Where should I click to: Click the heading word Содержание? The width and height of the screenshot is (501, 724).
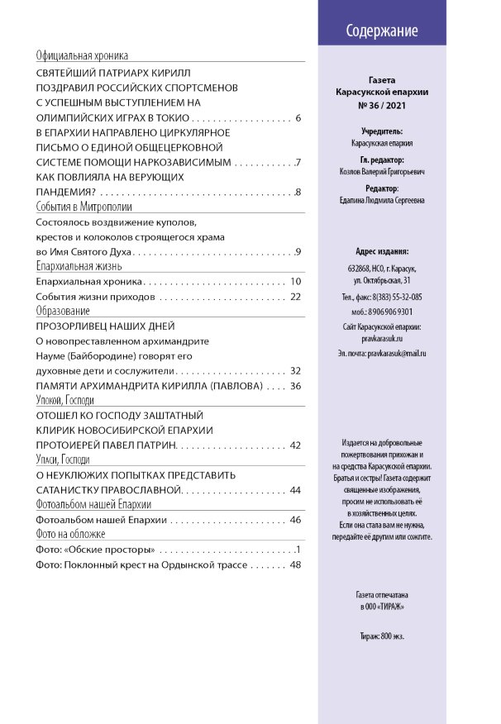coord(381,31)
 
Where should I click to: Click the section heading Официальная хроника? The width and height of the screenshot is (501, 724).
coord(83,57)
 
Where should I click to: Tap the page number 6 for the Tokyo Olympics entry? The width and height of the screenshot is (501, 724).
coord(298,118)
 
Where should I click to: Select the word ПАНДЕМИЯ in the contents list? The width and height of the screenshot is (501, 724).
coord(69,193)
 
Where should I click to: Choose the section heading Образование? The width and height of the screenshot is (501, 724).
coord(63,312)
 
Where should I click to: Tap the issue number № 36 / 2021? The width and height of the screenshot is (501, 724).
coord(381,106)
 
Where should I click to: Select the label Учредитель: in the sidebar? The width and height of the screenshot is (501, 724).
coord(382,131)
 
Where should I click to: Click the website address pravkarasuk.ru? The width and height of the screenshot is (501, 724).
coord(382,339)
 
